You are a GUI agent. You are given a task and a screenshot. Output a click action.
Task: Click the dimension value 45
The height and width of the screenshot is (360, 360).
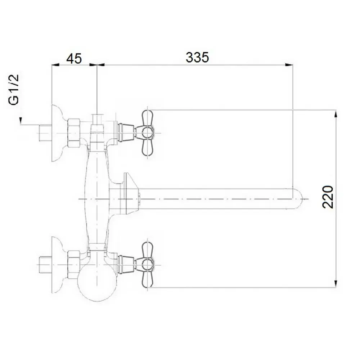point(74,59)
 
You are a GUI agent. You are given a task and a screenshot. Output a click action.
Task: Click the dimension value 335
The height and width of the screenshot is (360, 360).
point(197,57)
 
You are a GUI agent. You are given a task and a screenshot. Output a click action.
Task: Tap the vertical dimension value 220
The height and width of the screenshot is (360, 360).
point(328,197)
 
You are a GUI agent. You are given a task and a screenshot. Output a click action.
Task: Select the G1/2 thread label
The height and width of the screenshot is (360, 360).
point(14,89)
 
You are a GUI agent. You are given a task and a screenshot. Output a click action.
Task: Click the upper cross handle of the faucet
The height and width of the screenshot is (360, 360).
point(147,133)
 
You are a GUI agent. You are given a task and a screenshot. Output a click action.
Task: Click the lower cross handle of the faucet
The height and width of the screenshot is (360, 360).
point(147,265)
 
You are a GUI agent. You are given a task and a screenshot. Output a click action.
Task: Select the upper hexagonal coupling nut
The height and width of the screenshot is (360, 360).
point(74,133)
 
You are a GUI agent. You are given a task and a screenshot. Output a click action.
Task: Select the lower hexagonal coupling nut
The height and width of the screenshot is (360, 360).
point(74,265)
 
